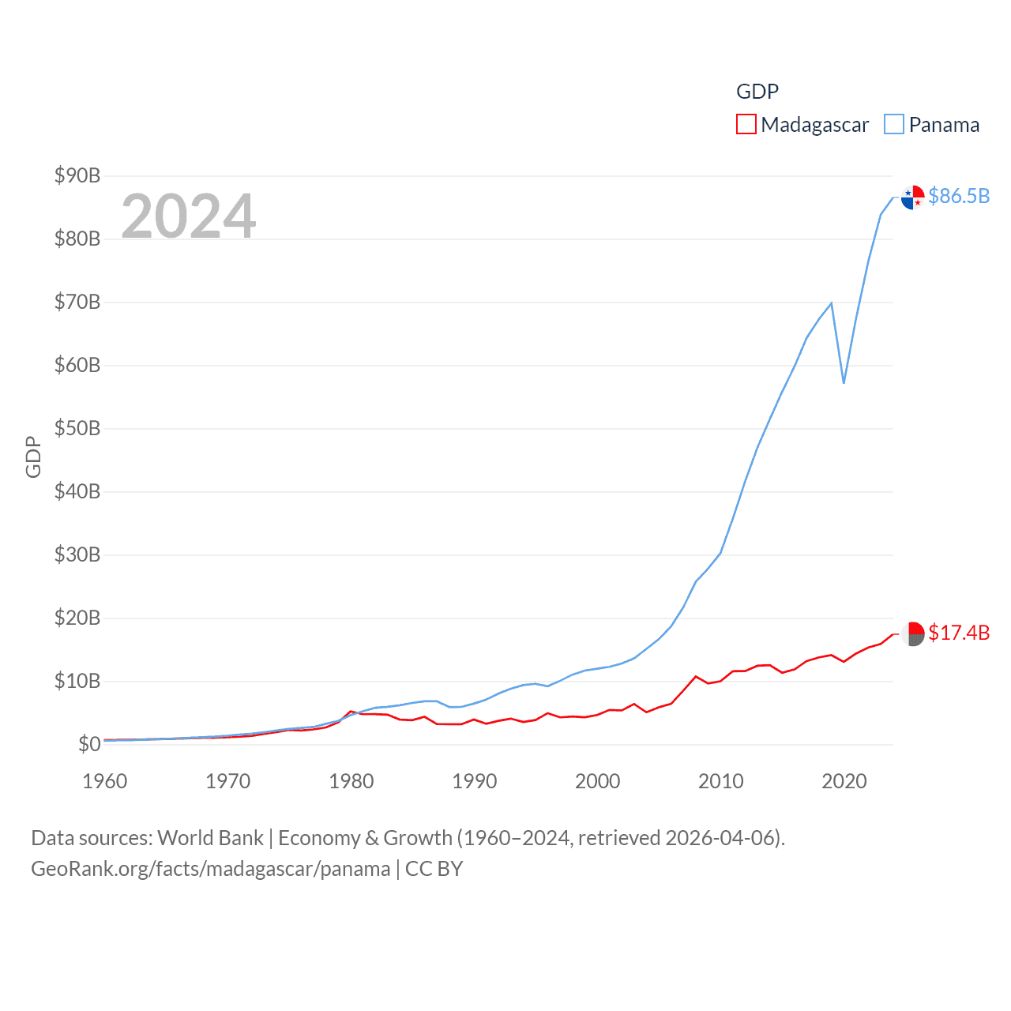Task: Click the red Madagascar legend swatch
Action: pyautogui.click(x=746, y=125)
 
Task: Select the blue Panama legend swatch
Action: pyautogui.click(x=894, y=125)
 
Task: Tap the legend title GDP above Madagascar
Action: pyautogui.click(x=757, y=92)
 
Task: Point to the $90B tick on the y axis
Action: pyautogui.click(x=77, y=175)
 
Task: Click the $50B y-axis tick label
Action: pyautogui.click(x=77, y=428)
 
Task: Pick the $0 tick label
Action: pyautogui.click(x=89, y=744)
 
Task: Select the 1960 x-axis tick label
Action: pyautogui.click(x=105, y=781)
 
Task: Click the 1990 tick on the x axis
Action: pyautogui.click(x=475, y=781)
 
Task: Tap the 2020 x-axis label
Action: pyautogui.click(x=844, y=781)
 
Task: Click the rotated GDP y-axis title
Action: pyautogui.click(x=33, y=457)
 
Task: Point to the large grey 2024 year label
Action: pyautogui.click(x=189, y=216)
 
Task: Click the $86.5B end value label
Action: pyautogui.click(x=959, y=196)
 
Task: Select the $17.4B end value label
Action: pyautogui.click(x=959, y=633)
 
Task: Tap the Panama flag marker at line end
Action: pyautogui.click(x=913, y=197)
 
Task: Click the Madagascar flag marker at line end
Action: pyautogui.click(x=913, y=633)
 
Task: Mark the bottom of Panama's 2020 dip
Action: pyautogui.click(x=844, y=383)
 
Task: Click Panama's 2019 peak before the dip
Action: pyautogui.click(x=831, y=303)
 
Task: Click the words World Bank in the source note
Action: pyautogui.click(x=211, y=838)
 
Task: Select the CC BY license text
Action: pyautogui.click(x=434, y=869)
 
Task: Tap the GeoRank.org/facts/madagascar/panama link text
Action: pyautogui.click(x=211, y=869)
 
